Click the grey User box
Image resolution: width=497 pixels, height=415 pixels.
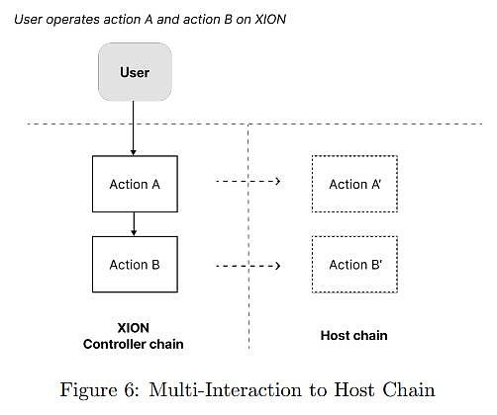(x=135, y=72)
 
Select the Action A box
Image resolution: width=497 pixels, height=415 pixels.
(x=135, y=184)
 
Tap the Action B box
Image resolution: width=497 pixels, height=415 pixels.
(x=135, y=264)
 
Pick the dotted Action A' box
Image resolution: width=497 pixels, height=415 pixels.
(x=354, y=184)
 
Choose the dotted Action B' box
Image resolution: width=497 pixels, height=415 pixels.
(x=354, y=264)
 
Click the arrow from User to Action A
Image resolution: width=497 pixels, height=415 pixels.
(x=134, y=128)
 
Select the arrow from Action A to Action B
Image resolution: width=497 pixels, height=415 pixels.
(x=134, y=224)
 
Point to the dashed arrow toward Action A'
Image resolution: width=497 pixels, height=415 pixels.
(x=248, y=181)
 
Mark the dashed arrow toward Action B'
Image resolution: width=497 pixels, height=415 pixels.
(x=248, y=266)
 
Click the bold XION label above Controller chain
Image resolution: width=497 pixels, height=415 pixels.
(x=134, y=328)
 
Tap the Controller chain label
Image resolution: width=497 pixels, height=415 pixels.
(x=134, y=344)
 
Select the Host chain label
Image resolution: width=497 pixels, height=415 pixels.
(x=354, y=335)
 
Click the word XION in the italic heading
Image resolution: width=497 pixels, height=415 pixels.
(x=270, y=19)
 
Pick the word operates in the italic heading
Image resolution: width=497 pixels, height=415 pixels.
(x=72, y=20)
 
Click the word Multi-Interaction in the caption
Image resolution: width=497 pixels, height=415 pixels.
(x=226, y=389)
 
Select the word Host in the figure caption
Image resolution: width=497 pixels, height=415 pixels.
(x=354, y=389)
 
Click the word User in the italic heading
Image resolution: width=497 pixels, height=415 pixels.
(x=28, y=19)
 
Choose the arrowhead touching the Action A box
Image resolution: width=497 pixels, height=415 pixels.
(x=134, y=153)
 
